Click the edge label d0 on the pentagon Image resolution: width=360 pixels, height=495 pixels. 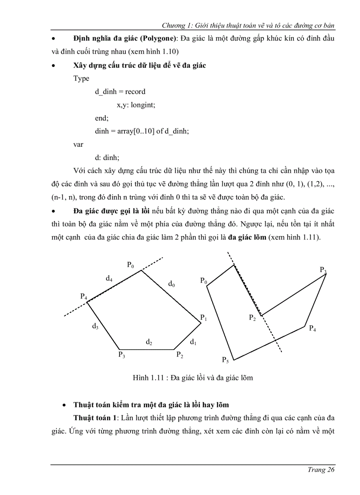tap(172, 285)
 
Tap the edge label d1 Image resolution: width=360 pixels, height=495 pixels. tap(193, 342)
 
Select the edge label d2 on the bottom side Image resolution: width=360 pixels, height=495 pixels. tap(149, 342)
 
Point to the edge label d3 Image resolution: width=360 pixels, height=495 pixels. tap(95, 327)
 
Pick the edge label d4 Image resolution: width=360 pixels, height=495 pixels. tap(109, 279)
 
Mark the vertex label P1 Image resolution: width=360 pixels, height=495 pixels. tap(203, 317)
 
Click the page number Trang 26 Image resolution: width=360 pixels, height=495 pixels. tap(320, 470)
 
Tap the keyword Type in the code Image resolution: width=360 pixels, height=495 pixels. tap(81, 78)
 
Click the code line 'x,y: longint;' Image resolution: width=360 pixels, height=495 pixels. tap(136, 105)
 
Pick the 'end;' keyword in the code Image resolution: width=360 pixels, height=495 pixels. tap(101, 118)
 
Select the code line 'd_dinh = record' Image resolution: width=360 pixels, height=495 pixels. tap(120, 92)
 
